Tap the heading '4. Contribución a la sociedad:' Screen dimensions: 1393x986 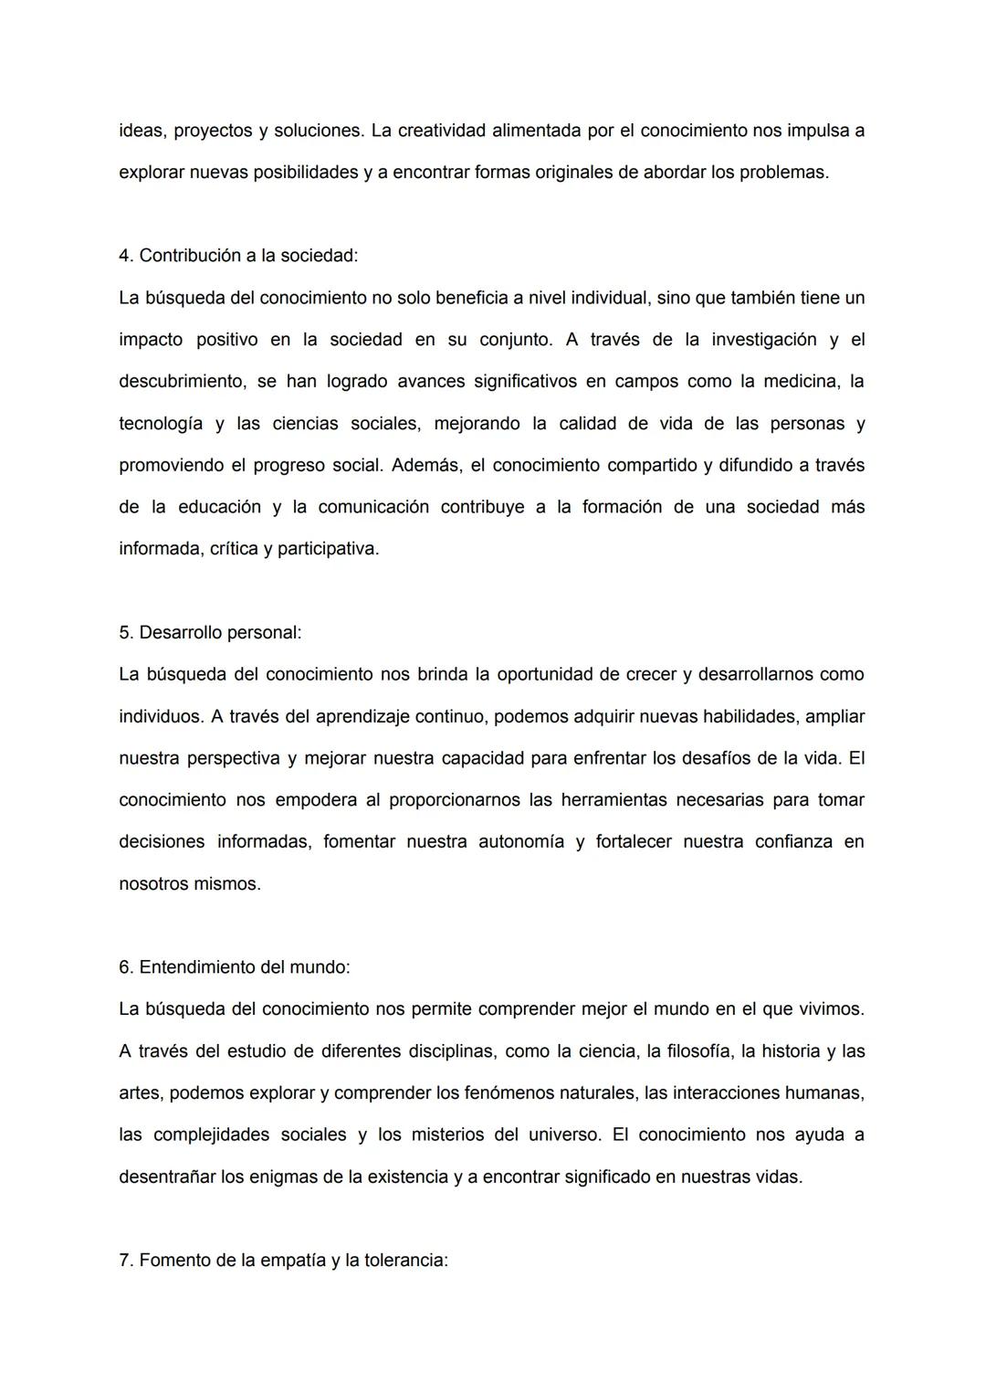click(238, 256)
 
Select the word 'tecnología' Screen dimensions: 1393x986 click(161, 424)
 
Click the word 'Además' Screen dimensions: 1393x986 click(425, 465)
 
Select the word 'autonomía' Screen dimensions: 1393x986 click(521, 841)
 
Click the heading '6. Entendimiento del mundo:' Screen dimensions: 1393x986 click(235, 966)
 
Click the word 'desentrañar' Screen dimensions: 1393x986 click(167, 1177)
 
